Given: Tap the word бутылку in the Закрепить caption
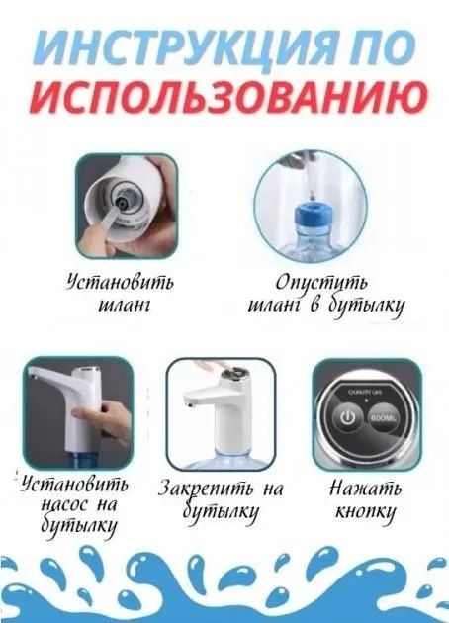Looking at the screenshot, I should tap(224, 512).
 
